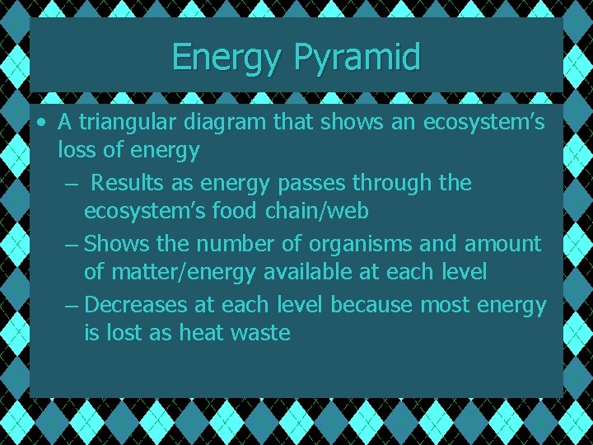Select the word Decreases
click(136, 305)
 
